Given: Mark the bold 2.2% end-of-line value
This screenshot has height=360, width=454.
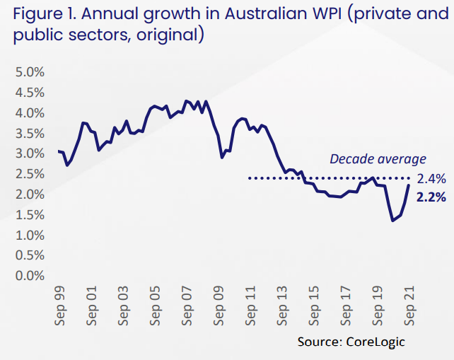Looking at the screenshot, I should (x=431, y=197).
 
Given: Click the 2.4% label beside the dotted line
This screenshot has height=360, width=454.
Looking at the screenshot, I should (x=431, y=178).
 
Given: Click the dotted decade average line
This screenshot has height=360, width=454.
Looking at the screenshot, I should (x=318, y=178).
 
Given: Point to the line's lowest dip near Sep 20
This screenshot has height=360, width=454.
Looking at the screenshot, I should (x=392, y=221).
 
